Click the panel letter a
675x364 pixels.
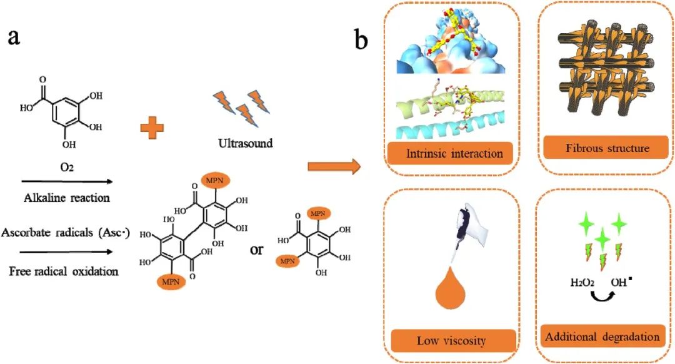click(x=14, y=38)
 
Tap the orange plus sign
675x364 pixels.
click(x=152, y=128)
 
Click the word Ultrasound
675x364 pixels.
click(x=246, y=143)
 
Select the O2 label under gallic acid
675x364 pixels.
click(x=67, y=167)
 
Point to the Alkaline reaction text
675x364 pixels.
click(x=67, y=198)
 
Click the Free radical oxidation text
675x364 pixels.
click(x=64, y=271)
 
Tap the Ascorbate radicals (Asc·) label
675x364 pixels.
click(x=65, y=233)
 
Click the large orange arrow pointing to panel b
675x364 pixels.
click(x=334, y=166)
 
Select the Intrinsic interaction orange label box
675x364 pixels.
click(x=450, y=153)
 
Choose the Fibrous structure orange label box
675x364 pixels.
click(x=606, y=148)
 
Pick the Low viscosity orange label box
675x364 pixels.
click(x=453, y=341)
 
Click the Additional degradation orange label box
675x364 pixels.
click(x=602, y=337)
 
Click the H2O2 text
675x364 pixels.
click(x=582, y=283)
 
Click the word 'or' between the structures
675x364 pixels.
click(x=256, y=250)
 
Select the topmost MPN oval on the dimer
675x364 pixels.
click(x=214, y=181)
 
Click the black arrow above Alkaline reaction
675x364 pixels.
click(x=67, y=182)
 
